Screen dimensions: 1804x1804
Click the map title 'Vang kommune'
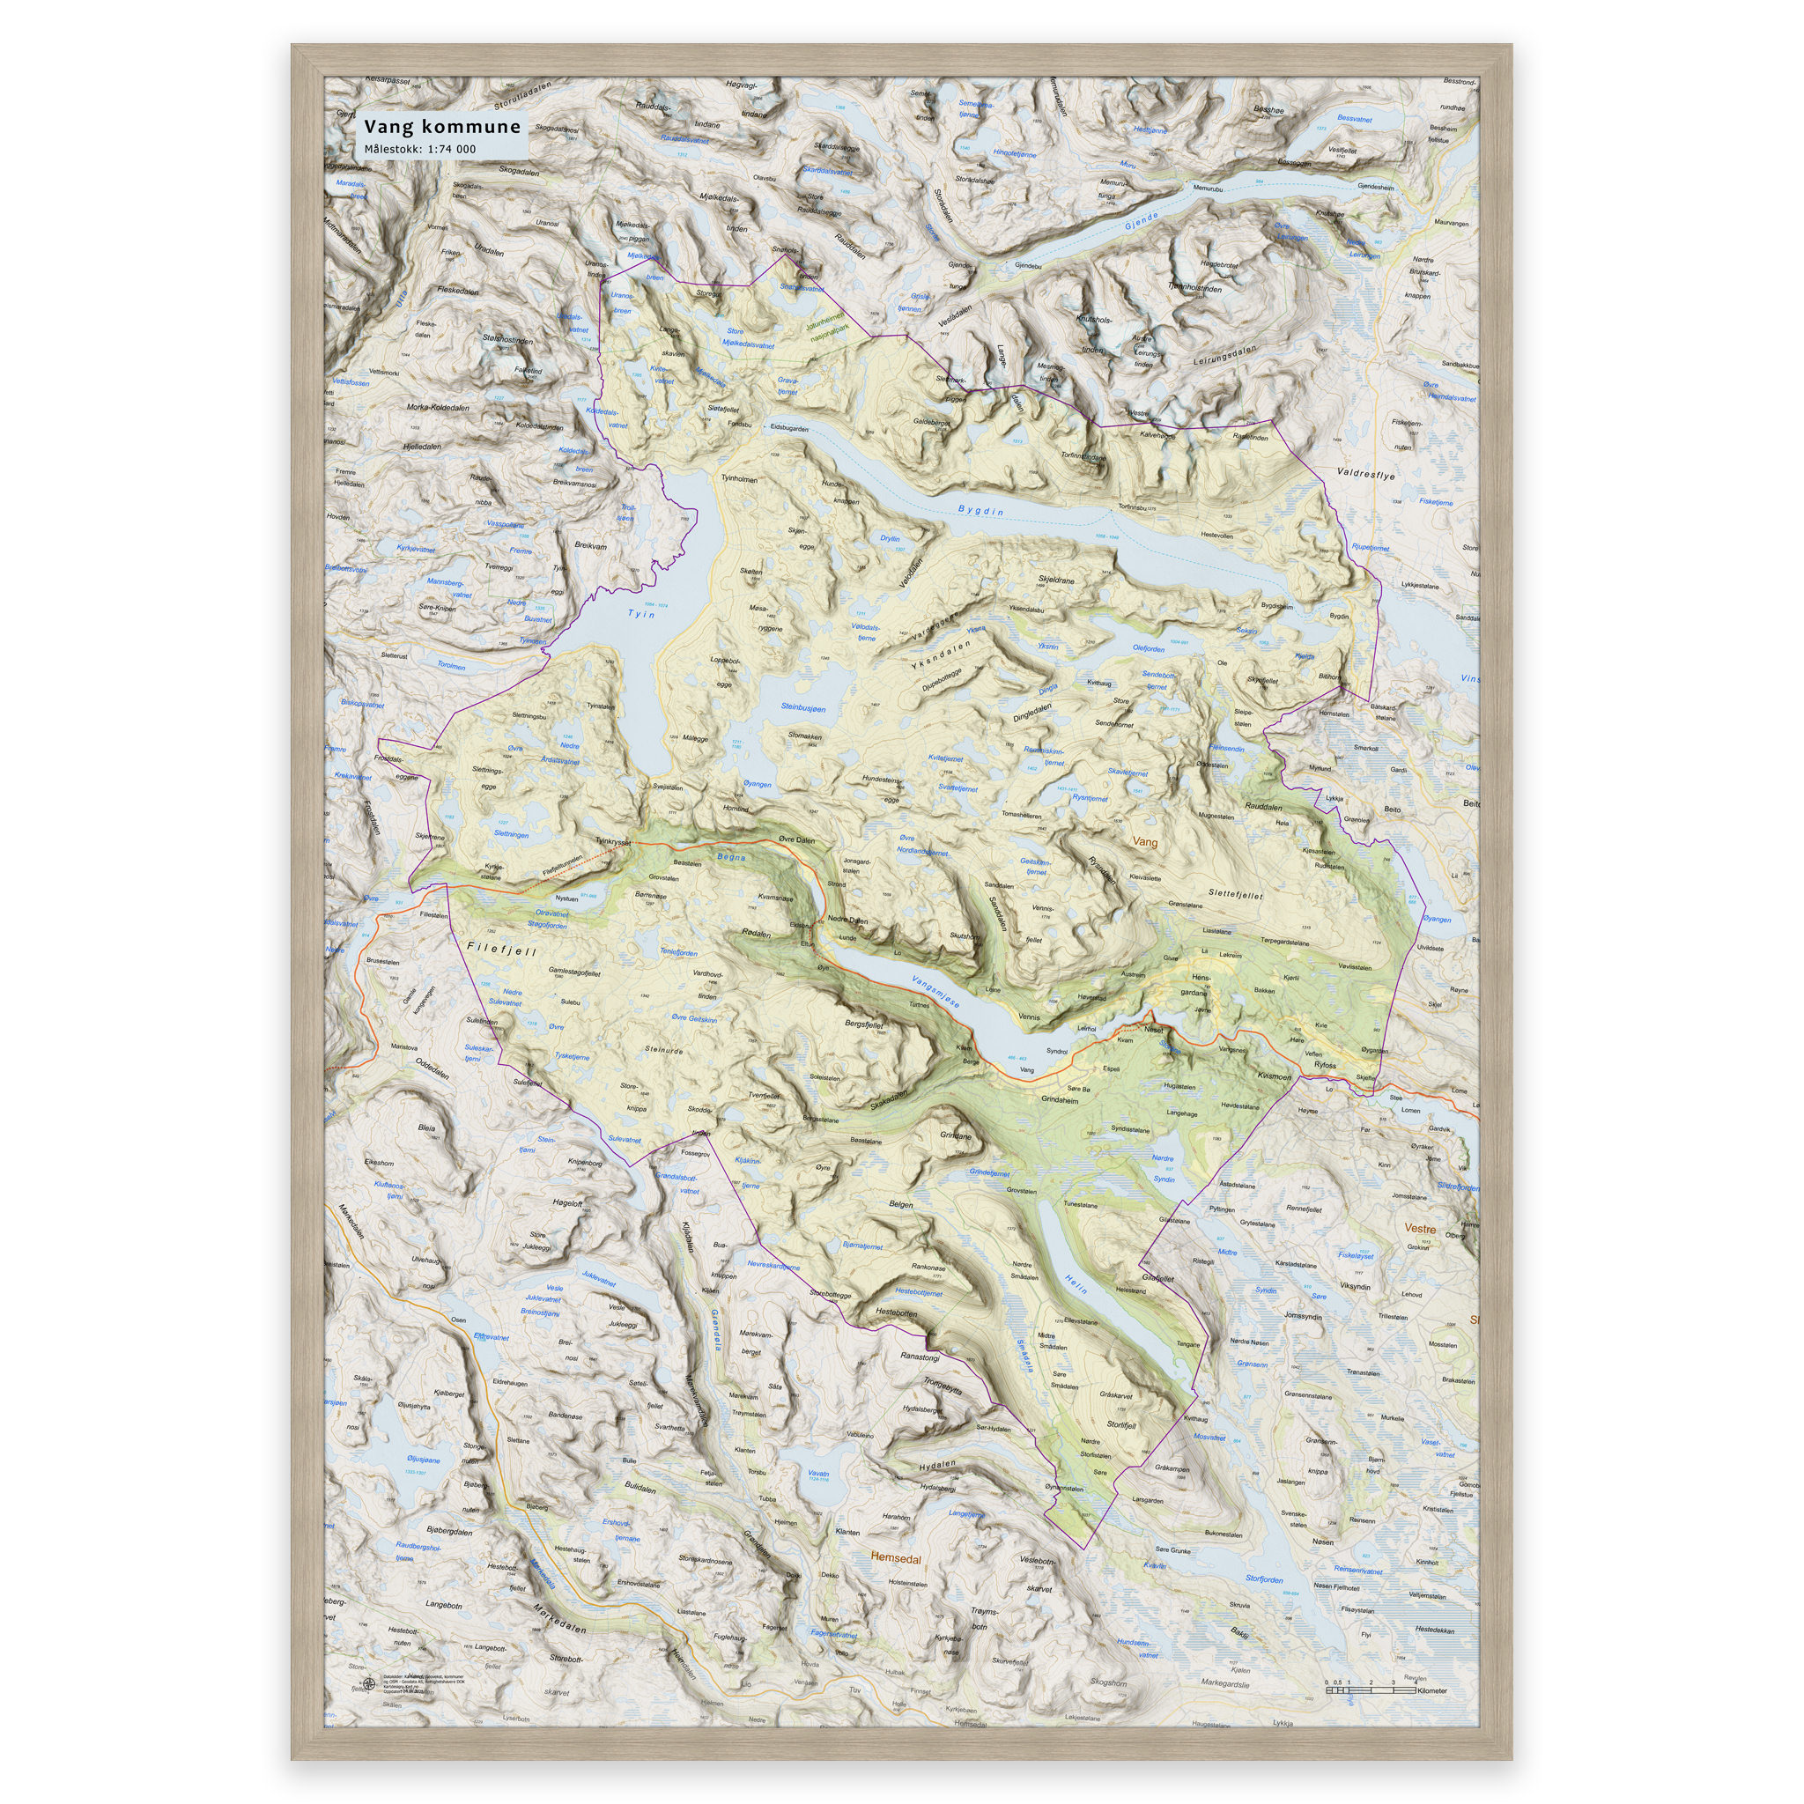coord(441,127)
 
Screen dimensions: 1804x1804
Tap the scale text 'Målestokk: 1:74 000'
coord(420,150)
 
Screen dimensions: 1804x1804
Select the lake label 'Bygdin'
coord(980,511)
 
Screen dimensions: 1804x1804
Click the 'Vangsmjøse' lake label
coord(935,992)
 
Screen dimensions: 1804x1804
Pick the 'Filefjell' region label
coord(501,950)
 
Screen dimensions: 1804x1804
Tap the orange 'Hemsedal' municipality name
coord(896,1558)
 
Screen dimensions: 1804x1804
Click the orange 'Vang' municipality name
coord(1144,841)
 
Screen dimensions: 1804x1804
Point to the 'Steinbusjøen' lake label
coord(803,709)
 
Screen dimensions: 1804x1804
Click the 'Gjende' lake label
coord(1141,221)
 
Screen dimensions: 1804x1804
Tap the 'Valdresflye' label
coord(1365,475)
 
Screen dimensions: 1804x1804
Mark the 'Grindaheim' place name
coord(1059,1100)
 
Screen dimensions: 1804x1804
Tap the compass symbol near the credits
coord(369,1684)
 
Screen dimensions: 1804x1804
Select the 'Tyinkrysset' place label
coord(613,840)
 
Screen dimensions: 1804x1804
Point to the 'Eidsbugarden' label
coord(789,429)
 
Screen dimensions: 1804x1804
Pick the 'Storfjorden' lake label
coord(1264,1580)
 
